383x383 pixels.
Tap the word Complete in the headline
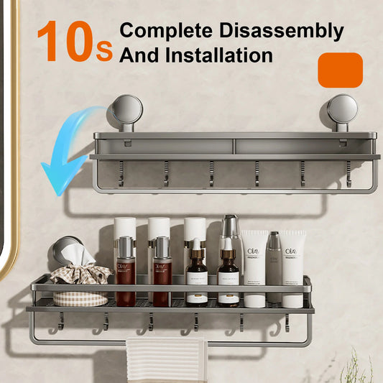[162, 31]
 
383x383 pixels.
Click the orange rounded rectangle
[340, 70]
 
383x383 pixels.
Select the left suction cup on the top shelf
[126, 110]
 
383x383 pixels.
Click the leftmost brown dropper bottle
[196, 277]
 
